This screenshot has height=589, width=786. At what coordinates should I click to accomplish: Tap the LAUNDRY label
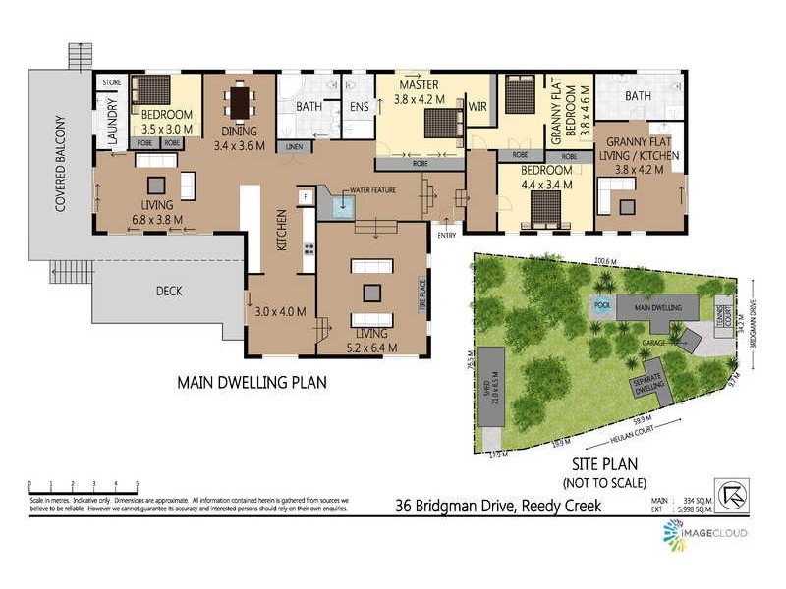[x=111, y=116]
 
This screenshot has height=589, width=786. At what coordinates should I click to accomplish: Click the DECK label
[x=169, y=291]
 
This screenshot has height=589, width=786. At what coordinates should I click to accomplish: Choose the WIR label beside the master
[x=479, y=106]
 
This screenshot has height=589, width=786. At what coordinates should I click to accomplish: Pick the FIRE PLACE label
[x=418, y=294]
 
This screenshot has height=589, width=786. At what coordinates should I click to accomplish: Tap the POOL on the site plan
[x=601, y=304]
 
